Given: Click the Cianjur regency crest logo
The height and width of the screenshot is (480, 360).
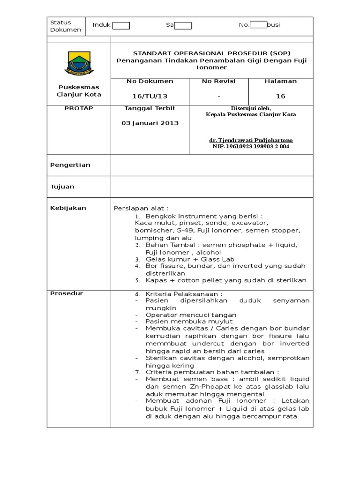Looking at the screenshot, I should pos(79,63).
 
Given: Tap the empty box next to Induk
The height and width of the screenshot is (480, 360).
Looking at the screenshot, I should pos(121,25).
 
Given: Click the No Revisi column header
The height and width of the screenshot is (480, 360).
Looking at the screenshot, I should pos(218,81).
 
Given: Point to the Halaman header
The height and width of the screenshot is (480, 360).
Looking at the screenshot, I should pos(280,81).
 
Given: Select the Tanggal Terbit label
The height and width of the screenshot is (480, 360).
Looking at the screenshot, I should pos(150,108).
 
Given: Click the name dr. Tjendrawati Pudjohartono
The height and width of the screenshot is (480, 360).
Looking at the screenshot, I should pos(251,140).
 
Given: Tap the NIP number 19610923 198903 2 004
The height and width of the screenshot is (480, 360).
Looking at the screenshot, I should pos(251,146).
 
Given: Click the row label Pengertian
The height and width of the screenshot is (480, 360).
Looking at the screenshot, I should pos(70,165).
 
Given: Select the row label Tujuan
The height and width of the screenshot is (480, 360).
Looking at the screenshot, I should pos(62,187).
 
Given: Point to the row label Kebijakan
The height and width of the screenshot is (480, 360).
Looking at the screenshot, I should pos(68,208).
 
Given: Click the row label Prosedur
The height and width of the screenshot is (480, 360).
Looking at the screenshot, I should pos(67,293).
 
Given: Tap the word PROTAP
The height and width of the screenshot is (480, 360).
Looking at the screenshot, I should pos(79,108).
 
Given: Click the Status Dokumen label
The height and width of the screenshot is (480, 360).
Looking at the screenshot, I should pos(66,26).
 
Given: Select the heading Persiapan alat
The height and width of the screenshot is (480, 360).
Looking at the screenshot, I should pos(141,208).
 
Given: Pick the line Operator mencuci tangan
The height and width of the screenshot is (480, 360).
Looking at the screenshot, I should pos(191,315).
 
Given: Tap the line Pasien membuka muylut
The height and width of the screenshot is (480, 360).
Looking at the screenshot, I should pos(189,322).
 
